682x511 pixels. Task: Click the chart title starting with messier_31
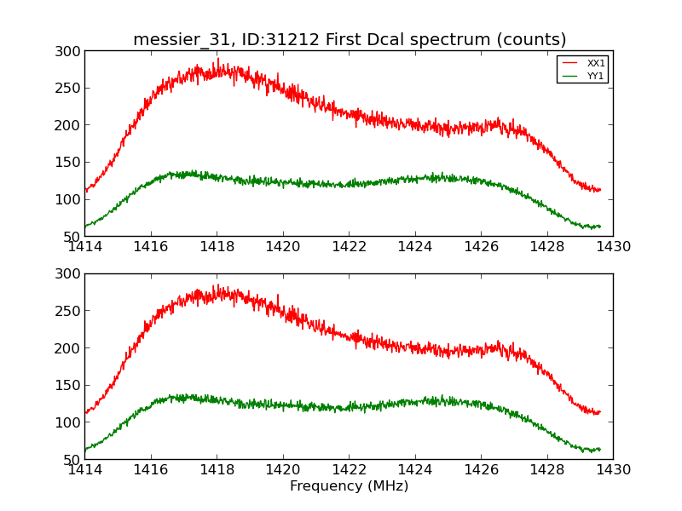coord(350,40)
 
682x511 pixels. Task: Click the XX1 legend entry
coord(596,64)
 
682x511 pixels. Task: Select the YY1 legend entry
coord(596,76)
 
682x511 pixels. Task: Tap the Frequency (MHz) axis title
coord(349,486)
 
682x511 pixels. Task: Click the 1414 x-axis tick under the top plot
coord(85,247)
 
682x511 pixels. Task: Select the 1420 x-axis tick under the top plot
coord(283,247)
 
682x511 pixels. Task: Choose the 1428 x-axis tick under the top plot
coord(546,247)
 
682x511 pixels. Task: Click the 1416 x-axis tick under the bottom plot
coord(151,469)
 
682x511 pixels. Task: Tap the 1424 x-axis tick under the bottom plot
coord(415,469)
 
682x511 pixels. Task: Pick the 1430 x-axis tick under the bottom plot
coord(612,469)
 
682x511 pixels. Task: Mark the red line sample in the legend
coord(570,64)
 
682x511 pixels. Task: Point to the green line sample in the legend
coord(570,76)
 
